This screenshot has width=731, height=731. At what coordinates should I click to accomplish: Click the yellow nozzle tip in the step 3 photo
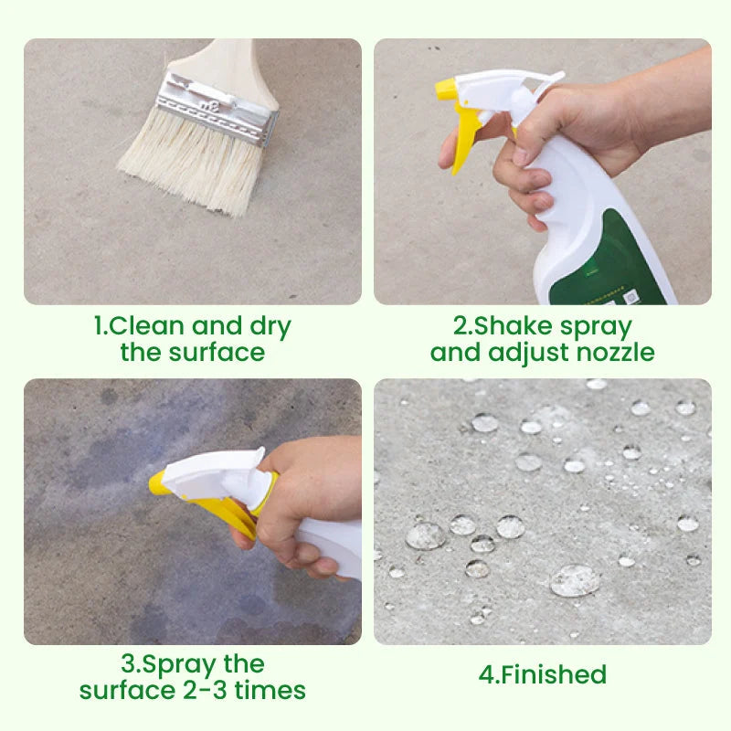tap(158, 482)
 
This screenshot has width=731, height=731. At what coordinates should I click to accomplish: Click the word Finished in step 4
tap(554, 675)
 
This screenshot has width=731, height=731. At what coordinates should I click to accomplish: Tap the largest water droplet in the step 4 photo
tap(576, 579)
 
